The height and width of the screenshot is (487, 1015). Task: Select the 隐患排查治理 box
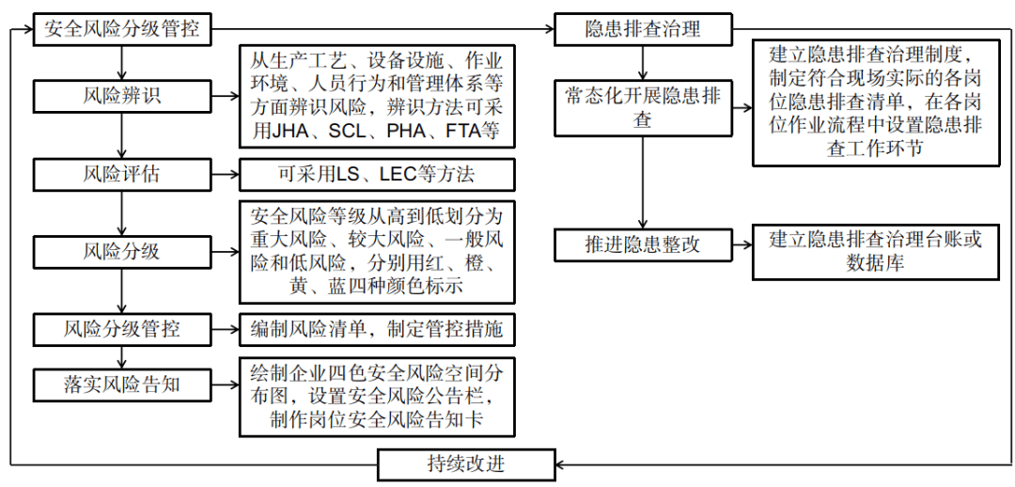(x=643, y=29)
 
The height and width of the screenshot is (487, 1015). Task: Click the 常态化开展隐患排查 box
(x=643, y=108)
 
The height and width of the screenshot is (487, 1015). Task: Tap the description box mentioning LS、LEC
(x=377, y=175)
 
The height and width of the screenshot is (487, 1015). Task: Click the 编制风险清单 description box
(x=377, y=329)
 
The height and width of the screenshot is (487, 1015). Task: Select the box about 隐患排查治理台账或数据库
(x=875, y=251)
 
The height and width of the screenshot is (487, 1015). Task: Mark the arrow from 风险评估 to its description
(x=225, y=175)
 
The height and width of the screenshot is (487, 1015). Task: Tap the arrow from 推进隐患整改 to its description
(x=742, y=245)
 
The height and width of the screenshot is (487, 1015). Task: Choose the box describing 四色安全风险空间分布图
(x=377, y=396)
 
